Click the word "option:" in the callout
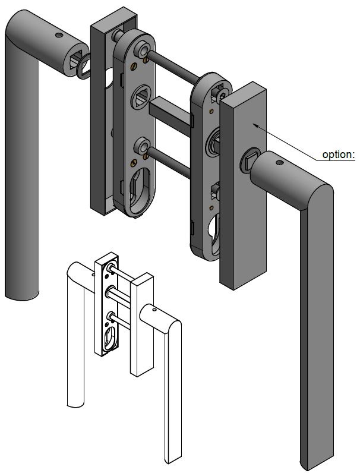pos(337,154)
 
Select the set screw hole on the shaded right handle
pos(277,162)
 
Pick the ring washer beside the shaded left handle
pos(83,65)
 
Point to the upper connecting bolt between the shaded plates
pos(172,67)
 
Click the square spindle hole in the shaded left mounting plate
pos(141,96)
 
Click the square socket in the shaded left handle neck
pos(74,61)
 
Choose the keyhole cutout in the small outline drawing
pos(110,339)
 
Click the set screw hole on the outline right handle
pos(153,310)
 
